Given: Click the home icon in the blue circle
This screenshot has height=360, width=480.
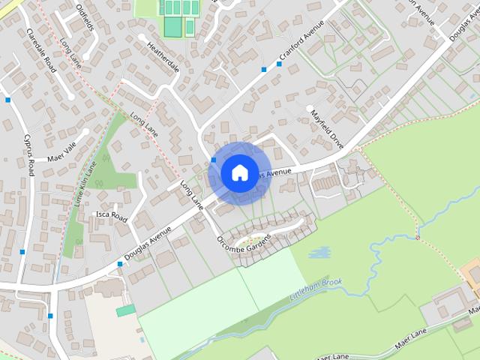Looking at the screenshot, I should point(239,172).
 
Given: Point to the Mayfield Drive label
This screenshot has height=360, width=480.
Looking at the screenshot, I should point(327,128).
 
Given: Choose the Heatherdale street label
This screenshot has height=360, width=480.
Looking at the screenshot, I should point(163,57).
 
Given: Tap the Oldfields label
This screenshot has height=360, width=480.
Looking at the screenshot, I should point(85,17).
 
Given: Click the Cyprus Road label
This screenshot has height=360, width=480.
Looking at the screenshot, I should point(29,154).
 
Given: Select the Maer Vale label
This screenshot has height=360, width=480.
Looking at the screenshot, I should point(62,153).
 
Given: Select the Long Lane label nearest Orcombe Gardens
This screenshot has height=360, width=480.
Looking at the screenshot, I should point(192,193).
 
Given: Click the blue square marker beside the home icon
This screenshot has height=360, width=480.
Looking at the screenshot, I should point(214,160).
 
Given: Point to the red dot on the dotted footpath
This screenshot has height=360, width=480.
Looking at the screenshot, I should point(418,238).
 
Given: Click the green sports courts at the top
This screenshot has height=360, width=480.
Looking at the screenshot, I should point(178,16).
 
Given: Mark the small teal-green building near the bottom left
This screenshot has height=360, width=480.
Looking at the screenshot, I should point(126,310).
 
